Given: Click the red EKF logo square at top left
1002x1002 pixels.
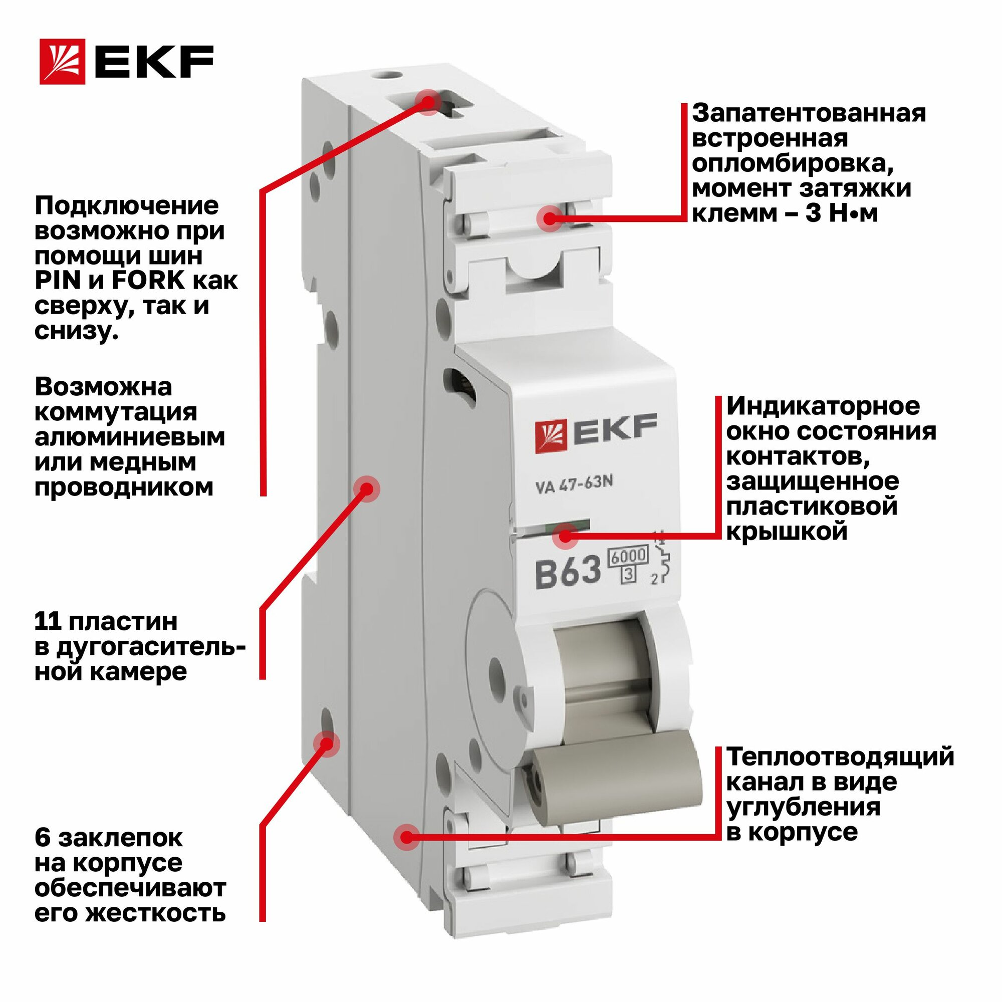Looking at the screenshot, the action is point(62,62).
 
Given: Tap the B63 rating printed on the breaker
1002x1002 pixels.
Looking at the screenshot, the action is point(568,572).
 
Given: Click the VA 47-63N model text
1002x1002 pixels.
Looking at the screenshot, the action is point(574,484).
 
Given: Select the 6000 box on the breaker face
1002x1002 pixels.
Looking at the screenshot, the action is point(629,557).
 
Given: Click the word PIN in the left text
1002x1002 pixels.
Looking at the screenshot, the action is point(58,281).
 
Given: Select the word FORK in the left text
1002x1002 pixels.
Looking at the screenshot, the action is point(148,281).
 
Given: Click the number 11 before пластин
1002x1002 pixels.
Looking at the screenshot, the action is point(47,621).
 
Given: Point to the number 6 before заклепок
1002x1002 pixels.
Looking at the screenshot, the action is point(43,838).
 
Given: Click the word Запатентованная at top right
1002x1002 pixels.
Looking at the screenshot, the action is point(809,113).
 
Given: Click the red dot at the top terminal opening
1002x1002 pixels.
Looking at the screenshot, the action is point(427,102).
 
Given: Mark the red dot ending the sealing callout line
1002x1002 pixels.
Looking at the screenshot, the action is point(551,218).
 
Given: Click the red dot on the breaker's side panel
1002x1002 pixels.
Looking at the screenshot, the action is point(367,488).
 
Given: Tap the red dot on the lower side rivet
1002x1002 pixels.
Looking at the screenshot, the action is point(326,743).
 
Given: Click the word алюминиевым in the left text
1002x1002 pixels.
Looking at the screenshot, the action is point(130,437).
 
